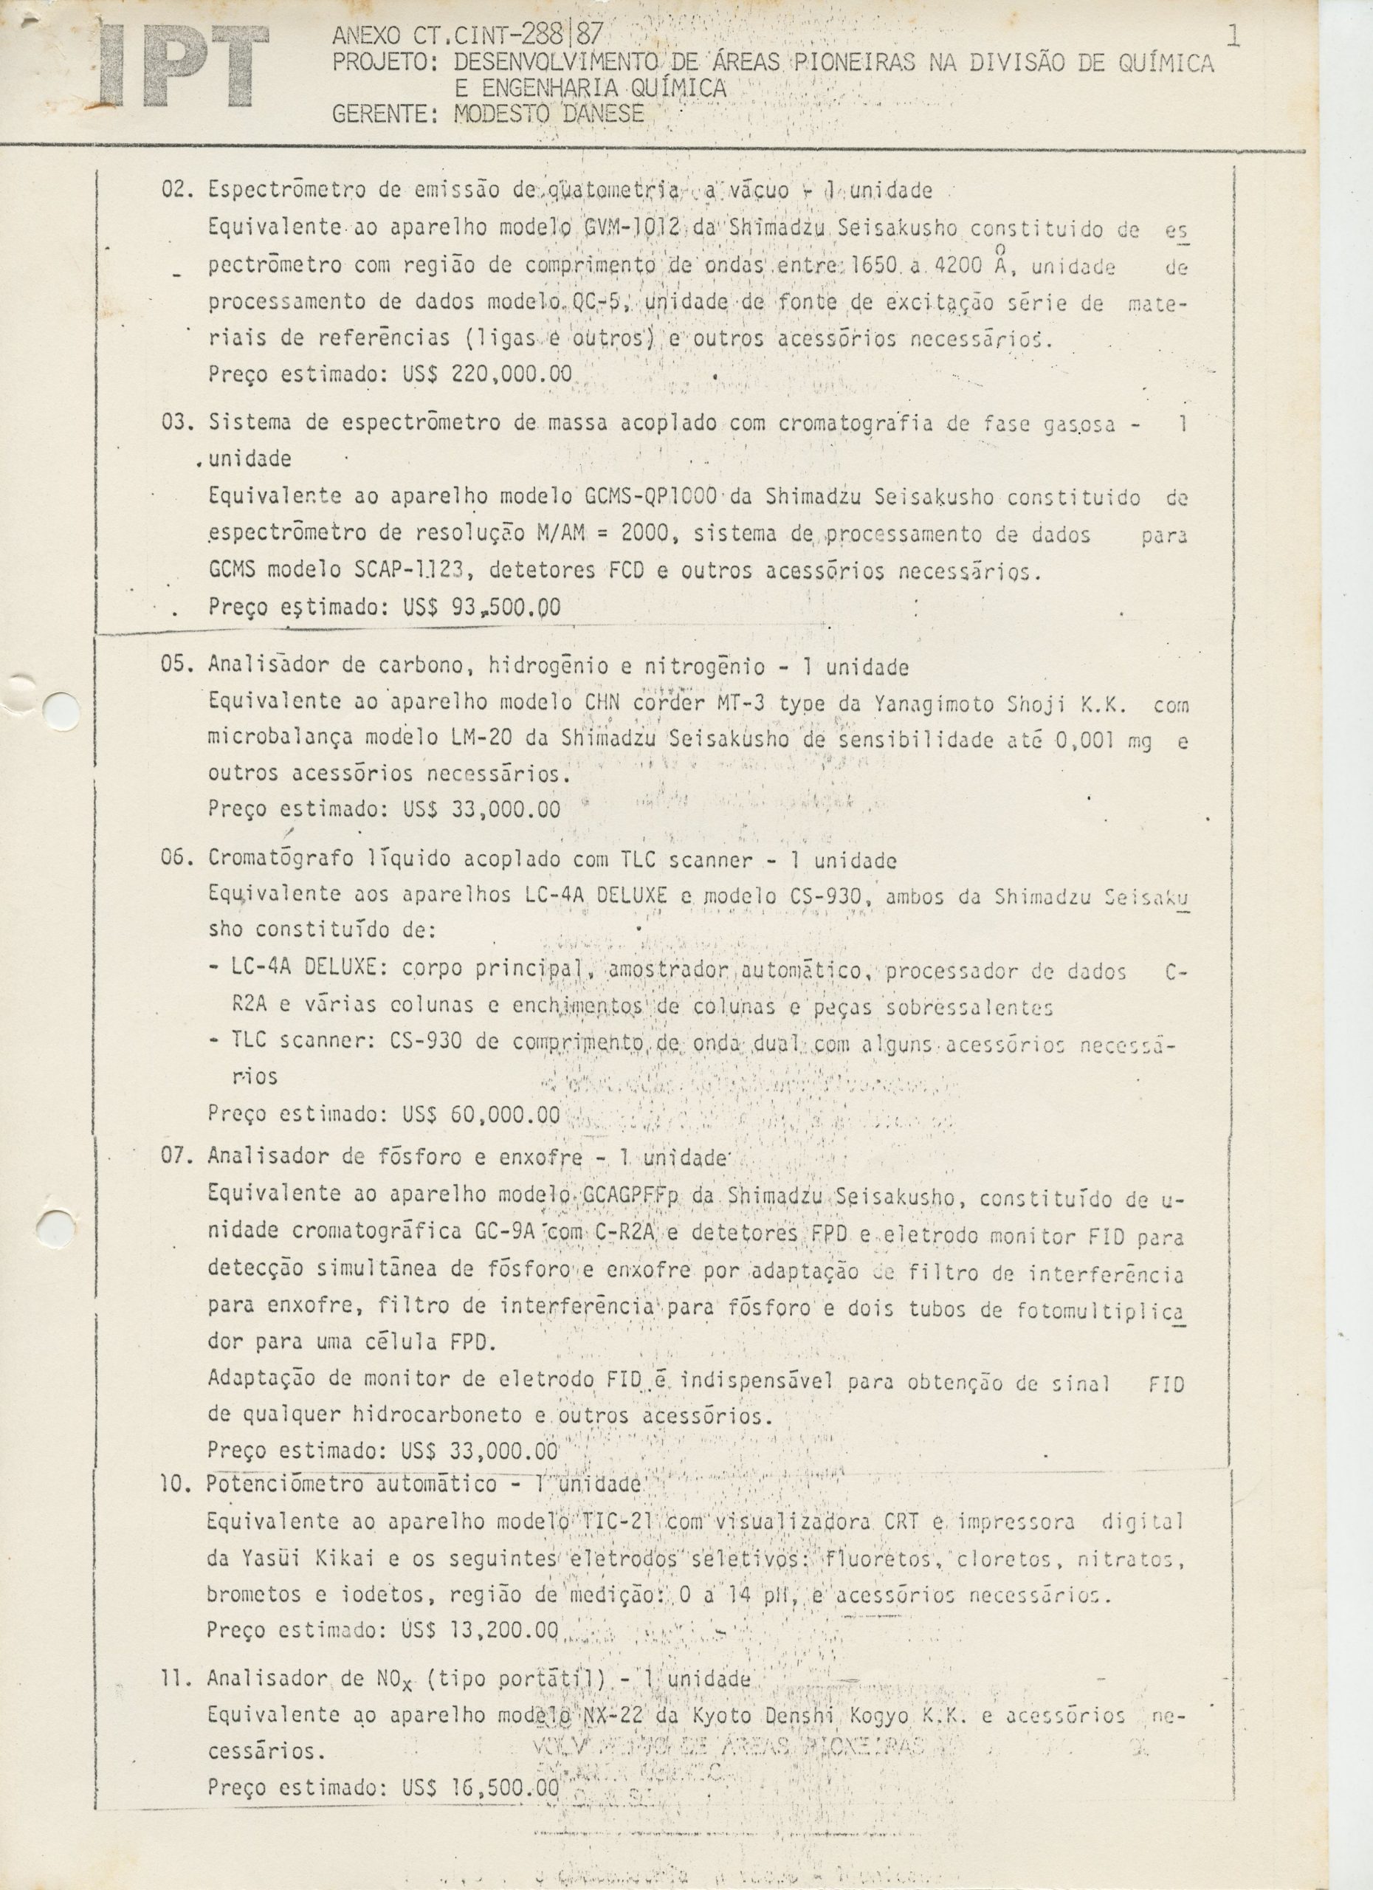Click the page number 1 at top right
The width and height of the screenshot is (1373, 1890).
click(x=1234, y=37)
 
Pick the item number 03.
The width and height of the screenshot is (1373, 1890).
click(x=176, y=423)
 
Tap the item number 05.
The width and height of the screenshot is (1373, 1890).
click(x=176, y=667)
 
